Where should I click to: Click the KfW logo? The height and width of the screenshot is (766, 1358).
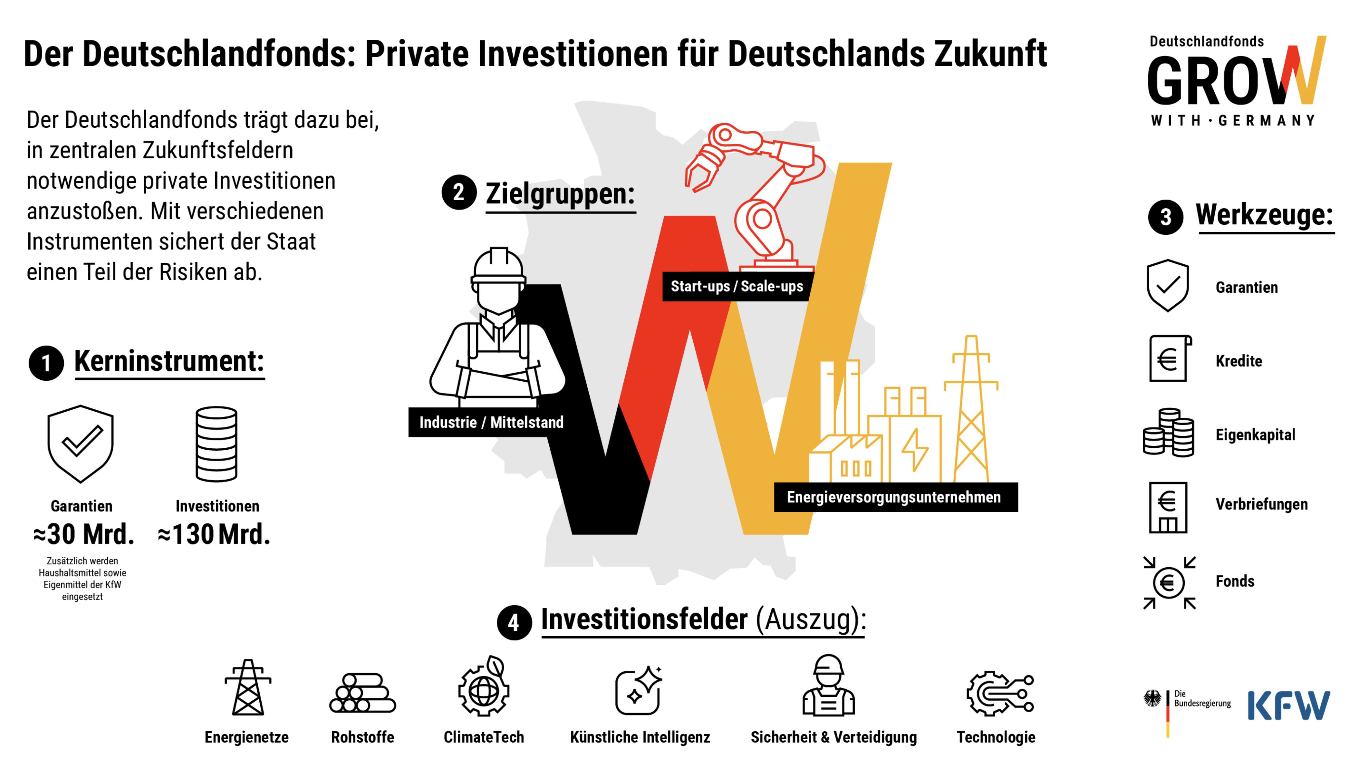coord(1288,706)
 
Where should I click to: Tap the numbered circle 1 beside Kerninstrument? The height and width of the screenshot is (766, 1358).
coord(46,363)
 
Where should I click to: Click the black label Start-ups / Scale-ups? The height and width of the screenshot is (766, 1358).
coord(737,286)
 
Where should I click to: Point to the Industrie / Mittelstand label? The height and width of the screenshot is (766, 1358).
coord(491,422)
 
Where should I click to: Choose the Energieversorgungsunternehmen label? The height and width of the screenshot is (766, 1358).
coord(894,497)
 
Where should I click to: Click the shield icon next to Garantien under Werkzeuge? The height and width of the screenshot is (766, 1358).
coord(1168,285)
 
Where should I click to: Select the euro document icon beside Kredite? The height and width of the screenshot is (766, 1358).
coord(1169,359)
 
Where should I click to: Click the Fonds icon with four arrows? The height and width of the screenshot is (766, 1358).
coord(1169,583)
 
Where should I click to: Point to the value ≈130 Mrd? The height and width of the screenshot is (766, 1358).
coord(214,534)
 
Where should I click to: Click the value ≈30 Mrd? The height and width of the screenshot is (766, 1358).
coord(83,534)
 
